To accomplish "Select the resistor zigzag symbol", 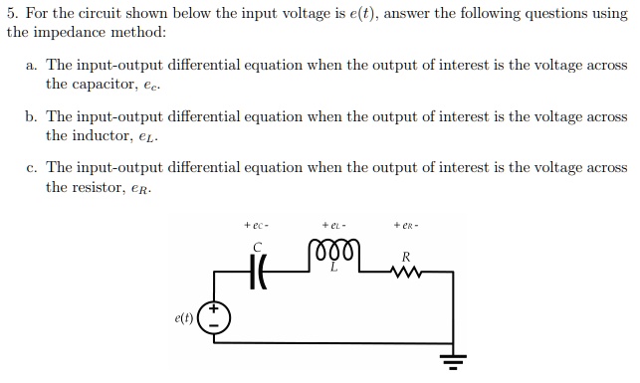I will [407, 270].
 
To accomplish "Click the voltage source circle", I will [214, 318].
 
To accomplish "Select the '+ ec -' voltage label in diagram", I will [257, 225].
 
